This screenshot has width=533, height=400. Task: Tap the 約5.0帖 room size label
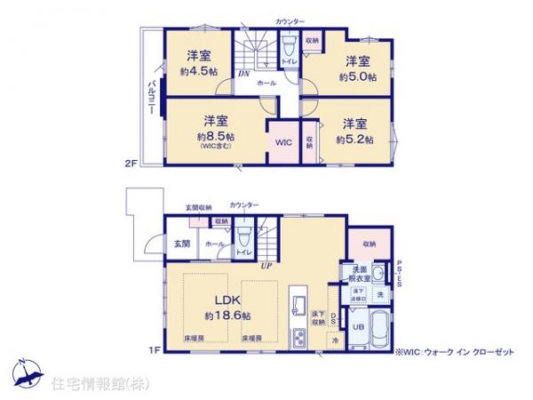(x=357, y=77)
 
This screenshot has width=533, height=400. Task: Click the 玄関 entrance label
(x=181, y=242)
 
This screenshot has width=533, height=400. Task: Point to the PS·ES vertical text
(x=399, y=272)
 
